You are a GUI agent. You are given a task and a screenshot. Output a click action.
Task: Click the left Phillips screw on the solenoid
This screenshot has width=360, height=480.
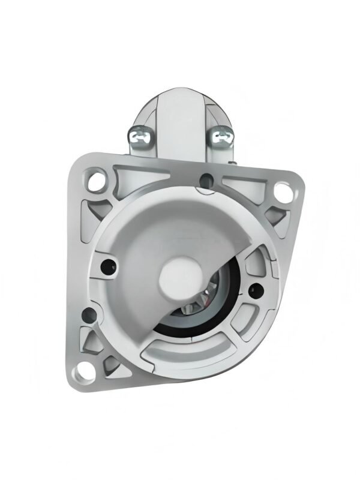coord(142,137)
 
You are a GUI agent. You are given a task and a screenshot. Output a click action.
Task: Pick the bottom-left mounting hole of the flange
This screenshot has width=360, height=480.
coord(79,376)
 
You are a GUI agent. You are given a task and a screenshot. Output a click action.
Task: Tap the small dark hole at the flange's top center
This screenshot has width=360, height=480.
coord(207,178)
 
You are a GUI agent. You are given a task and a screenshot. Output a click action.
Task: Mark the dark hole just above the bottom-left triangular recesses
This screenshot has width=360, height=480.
coord(89,312)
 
